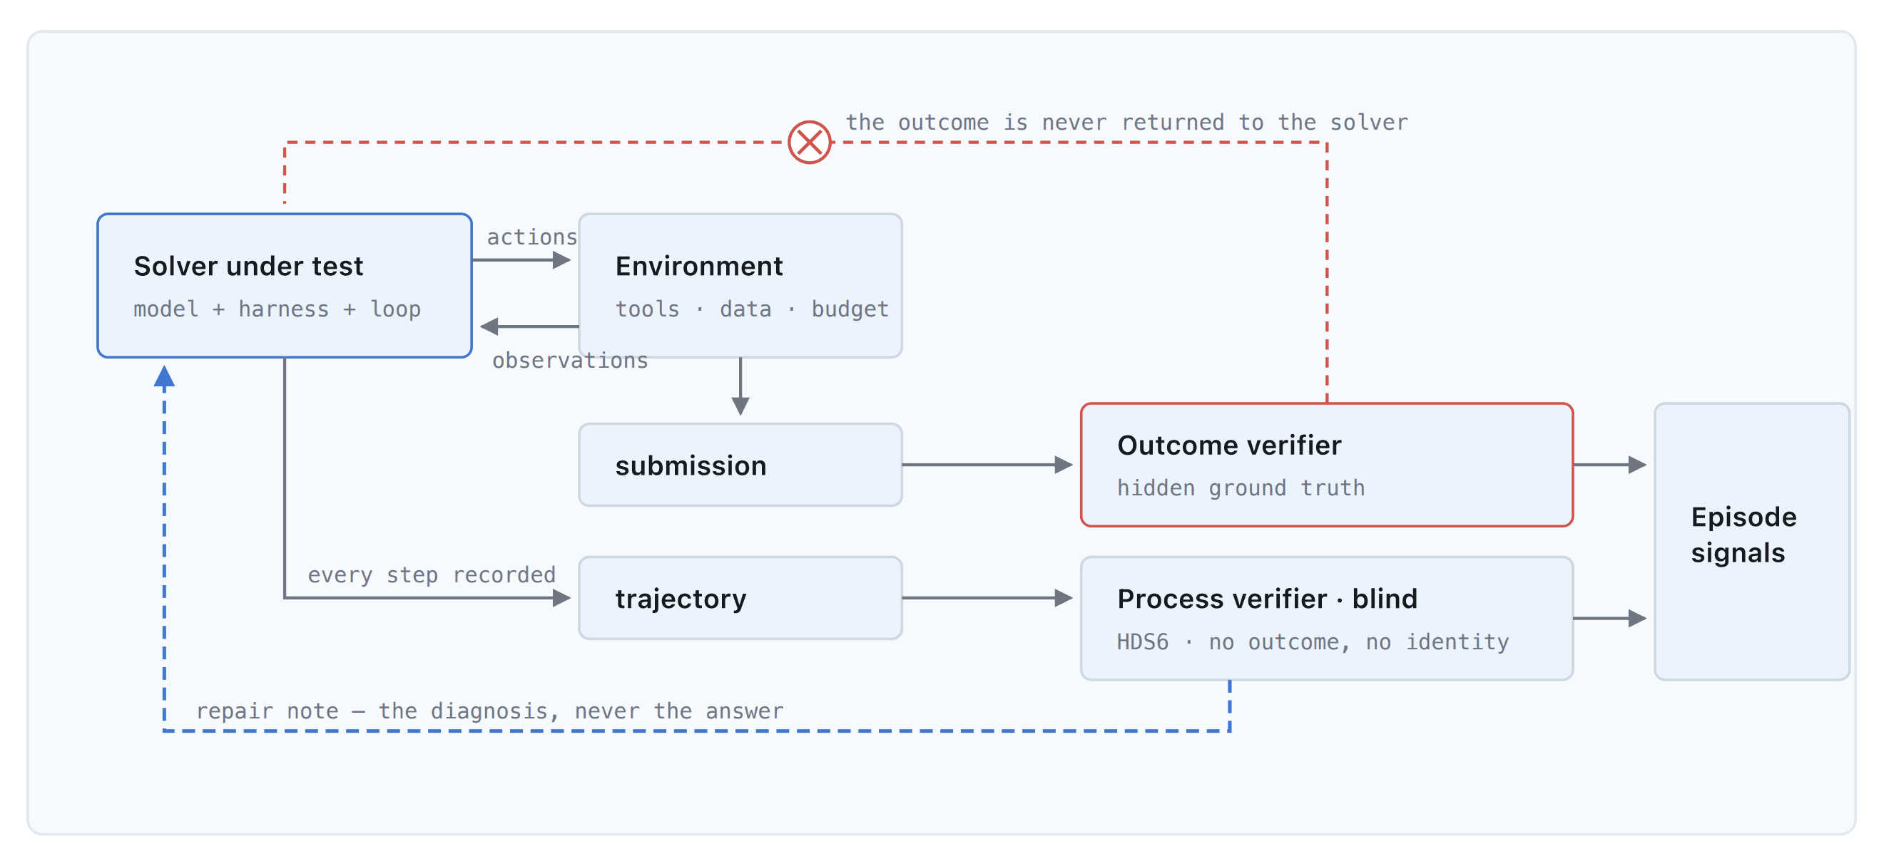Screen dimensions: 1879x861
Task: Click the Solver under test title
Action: point(248,266)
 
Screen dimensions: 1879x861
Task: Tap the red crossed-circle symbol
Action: point(809,142)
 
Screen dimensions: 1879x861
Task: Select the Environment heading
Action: point(699,266)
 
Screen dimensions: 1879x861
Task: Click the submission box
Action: point(740,465)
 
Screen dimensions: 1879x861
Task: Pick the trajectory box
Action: point(740,598)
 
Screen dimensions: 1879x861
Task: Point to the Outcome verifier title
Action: point(1229,445)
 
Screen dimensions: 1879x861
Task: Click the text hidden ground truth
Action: point(1241,488)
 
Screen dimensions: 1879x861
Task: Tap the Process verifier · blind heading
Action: point(1267,599)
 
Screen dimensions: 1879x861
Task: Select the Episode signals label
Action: point(1743,535)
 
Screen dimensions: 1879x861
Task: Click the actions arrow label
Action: point(531,237)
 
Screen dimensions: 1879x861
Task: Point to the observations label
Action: point(570,360)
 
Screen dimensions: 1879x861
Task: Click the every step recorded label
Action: point(431,574)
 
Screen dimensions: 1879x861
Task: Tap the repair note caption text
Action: point(489,711)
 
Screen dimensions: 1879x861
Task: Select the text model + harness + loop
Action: point(277,309)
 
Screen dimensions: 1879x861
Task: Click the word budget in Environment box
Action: point(850,309)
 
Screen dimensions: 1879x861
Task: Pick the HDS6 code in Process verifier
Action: point(1142,641)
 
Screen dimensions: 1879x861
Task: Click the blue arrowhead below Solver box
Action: point(164,376)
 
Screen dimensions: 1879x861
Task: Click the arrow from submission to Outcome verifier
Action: point(987,465)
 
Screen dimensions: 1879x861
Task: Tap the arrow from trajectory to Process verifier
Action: point(987,598)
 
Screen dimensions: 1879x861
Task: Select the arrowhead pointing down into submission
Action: point(740,407)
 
